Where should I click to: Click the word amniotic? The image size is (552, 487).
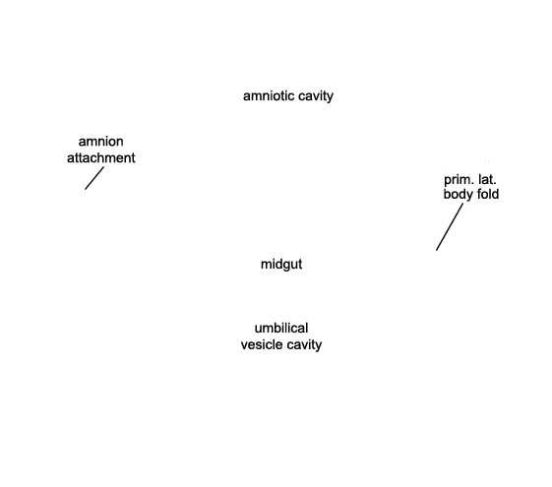pyautogui.click(x=269, y=95)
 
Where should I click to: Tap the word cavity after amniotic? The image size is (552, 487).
pyautogui.click(x=316, y=96)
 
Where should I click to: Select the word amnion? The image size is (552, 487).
pyautogui.click(x=100, y=142)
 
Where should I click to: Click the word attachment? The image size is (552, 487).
pyautogui.click(x=100, y=158)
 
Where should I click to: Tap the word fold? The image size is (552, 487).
pyautogui.click(x=487, y=194)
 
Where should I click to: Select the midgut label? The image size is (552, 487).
pyautogui.click(x=281, y=265)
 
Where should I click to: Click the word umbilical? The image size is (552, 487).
pyautogui.click(x=281, y=328)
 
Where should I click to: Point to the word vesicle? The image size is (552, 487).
pyautogui.click(x=261, y=344)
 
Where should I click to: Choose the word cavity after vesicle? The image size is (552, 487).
pyautogui.click(x=303, y=345)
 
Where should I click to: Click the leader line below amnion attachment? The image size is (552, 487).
pyautogui.click(x=94, y=178)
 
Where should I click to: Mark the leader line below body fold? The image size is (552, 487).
pyautogui.click(x=450, y=227)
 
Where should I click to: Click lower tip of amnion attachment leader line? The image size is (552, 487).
pyautogui.click(x=85, y=190)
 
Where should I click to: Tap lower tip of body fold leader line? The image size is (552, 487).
pyautogui.click(x=436, y=251)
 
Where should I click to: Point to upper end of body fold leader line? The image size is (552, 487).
pyautogui.click(x=463, y=204)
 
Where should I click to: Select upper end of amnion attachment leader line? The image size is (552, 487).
pyautogui.click(x=104, y=167)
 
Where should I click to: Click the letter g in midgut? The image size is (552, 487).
pyautogui.click(x=284, y=266)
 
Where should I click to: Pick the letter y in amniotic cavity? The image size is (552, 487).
pyautogui.click(x=330, y=97)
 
